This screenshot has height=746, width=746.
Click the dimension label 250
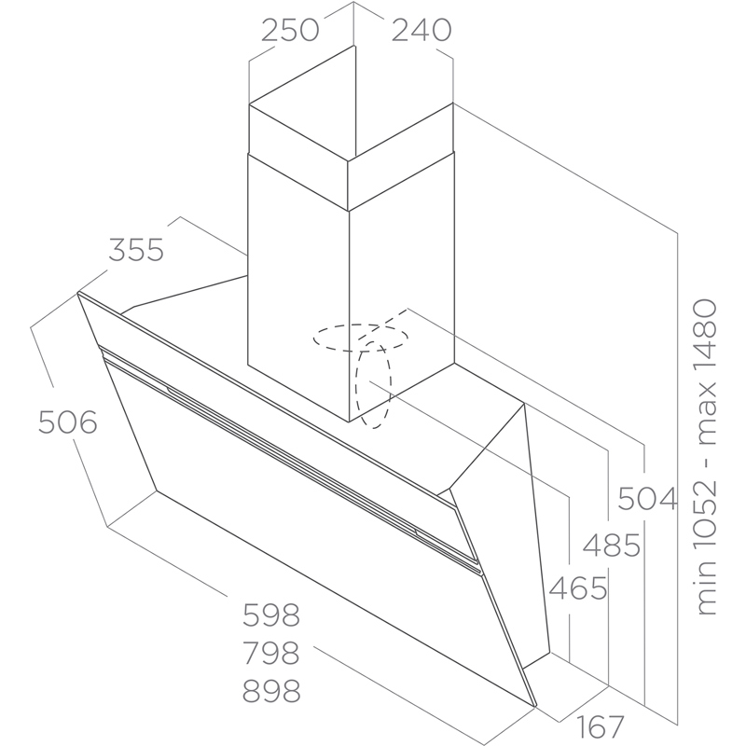[290, 30]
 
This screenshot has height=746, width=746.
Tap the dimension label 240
[421, 30]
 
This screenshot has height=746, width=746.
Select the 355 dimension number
[136, 250]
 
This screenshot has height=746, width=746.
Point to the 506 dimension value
[67, 422]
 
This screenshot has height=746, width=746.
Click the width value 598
[271, 615]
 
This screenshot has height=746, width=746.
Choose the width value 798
[271, 653]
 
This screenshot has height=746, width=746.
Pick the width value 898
[271, 691]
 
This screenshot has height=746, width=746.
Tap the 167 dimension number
[600, 726]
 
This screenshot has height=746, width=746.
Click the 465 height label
[578, 588]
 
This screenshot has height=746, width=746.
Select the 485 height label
[612, 546]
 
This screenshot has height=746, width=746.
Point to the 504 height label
[647, 499]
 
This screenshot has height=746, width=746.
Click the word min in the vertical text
[705, 590]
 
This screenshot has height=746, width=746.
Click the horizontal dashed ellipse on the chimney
[360, 338]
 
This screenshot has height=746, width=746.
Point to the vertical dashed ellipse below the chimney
[374, 384]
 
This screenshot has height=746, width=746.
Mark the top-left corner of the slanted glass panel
[77, 292]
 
